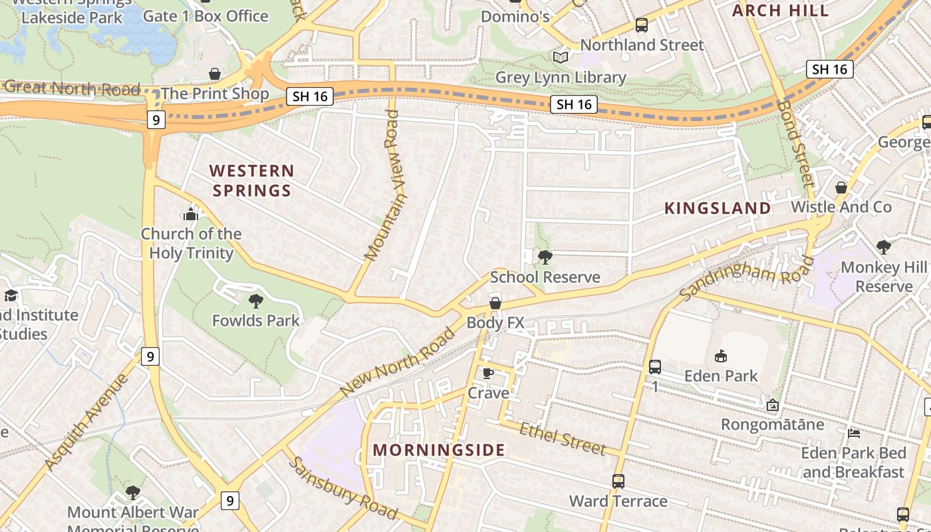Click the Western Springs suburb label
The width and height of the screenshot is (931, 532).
click(x=251, y=181)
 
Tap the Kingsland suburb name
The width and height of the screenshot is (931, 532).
click(x=718, y=208)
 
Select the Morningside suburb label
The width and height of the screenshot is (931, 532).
click(x=439, y=450)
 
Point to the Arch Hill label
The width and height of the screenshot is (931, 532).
click(x=780, y=10)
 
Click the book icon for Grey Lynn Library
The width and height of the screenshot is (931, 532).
click(x=561, y=58)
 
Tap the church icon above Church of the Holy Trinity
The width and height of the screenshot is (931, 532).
click(x=191, y=214)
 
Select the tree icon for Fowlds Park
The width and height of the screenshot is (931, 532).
click(x=255, y=301)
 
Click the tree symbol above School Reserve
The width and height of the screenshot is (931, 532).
click(x=545, y=257)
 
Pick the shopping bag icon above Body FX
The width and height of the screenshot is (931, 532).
click(x=495, y=304)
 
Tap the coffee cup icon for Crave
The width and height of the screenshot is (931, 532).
click(x=487, y=373)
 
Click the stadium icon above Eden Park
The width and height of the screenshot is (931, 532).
click(x=721, y=356)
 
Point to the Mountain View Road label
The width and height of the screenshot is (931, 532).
click(x=386, y=186)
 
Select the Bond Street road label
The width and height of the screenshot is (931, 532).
click(x=795, y=143)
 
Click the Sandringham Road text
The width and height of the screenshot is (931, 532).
click(x=747, y=277)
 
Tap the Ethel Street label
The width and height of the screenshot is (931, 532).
click(x=563, y=439)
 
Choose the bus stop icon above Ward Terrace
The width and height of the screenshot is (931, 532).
click(x=618, y=481)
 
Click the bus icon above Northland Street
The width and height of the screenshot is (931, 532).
click(x=641, y=25)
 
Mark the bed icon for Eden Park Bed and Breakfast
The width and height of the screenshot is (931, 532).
click(x=854, y=434)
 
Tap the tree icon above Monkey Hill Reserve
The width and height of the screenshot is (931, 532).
click(x=883, y=248)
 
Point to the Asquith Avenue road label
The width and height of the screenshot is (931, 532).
click(x=86, y=422)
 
